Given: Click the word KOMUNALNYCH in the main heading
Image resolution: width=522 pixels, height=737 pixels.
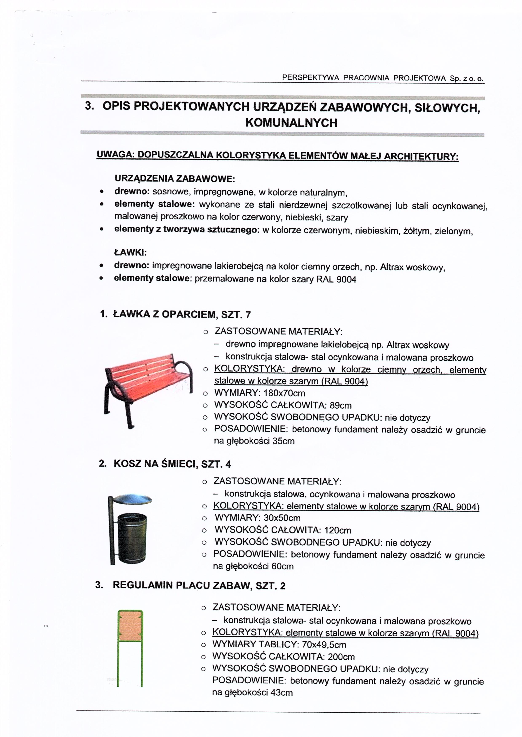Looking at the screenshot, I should coord(291,123).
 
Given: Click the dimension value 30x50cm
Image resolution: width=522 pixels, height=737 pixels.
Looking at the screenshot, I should coord(282,518).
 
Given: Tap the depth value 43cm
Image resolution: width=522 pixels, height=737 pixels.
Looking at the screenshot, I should coord(282,693).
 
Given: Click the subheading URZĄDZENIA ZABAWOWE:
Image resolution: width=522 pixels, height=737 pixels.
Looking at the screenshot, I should coord(175,178).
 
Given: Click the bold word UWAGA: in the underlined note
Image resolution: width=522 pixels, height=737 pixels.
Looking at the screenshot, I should coord(115,155).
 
